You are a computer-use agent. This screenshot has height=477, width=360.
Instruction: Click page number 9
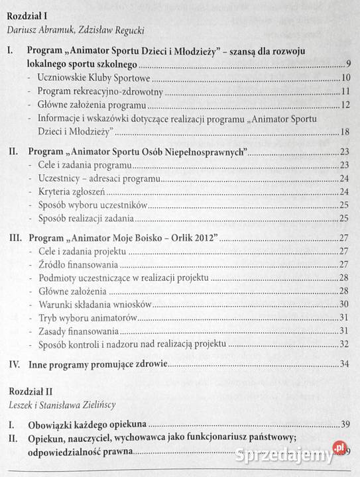tap(348, 64)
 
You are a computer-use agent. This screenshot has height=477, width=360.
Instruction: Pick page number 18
tap(345, 131)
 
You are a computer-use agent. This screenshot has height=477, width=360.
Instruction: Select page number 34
tap(345, 364)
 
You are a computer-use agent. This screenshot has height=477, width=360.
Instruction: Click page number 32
tap(345, 344)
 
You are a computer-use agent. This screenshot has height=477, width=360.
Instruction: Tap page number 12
tap(345, 105)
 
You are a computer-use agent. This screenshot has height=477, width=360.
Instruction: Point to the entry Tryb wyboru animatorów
tap(87, 317)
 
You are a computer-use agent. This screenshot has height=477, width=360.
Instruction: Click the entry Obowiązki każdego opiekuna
tap(87, 422)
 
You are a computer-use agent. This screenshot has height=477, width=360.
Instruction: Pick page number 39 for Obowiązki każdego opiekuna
tap(345, 423)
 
